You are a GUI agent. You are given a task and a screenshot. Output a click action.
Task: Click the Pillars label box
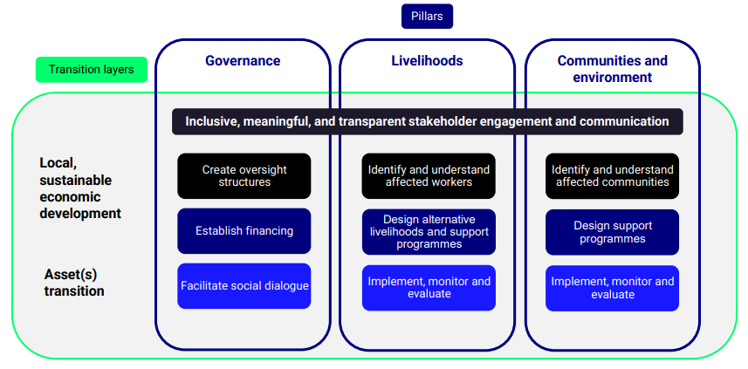pyautogui.click(x=427, y=17)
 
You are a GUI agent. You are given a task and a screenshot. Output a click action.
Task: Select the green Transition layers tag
pyautogui.click(x=91, y=70)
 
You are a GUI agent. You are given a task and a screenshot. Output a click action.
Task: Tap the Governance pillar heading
pyautogui.click(x=243, y=60)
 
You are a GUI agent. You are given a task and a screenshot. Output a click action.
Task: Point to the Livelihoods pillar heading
pyautogui.click(x=427, y=60)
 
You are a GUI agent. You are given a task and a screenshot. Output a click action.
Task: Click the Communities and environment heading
pyautogui.click(x=613, y=69)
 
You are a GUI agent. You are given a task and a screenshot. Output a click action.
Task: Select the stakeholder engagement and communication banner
pyautogui.click(x=428, y=121)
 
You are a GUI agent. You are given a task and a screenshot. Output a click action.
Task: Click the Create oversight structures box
pyautogui.click(x=244, y=176)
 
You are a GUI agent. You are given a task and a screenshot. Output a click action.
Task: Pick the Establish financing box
pyautogui.click(x=244, y=231)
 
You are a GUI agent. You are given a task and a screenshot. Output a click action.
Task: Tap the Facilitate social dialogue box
pyautogui.click(x=244, y=286)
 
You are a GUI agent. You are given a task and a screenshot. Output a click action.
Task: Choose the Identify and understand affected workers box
pyautogui.click(x=429, y=176)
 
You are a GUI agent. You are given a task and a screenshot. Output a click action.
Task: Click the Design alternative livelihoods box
pyautogui.click(x=429, y=232)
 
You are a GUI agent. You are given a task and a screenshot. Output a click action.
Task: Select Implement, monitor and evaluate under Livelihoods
pyautogui.click(x=429, y=288)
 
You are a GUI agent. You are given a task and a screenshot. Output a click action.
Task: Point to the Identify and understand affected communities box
pyautogui.click(x=613, y=176)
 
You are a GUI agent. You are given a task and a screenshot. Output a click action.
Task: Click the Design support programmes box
pyautogui.click(x=613, y=232)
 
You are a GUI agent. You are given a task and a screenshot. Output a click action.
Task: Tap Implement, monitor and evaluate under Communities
pyautogui.click(x=613, y=289)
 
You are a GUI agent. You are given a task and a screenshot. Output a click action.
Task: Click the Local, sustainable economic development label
pyautogui.click(x=80, y=188)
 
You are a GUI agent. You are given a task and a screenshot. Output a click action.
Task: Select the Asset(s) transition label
pyautogui.click(x=74, y=283)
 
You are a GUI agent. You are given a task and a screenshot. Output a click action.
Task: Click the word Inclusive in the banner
pyautogui.click(x=212, y=121)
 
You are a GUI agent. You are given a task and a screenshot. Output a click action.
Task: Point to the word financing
pyautogui.click(x=269, y=232)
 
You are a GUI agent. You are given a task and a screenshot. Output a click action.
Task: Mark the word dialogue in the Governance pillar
pyautogui.click(x=286, y=286)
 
